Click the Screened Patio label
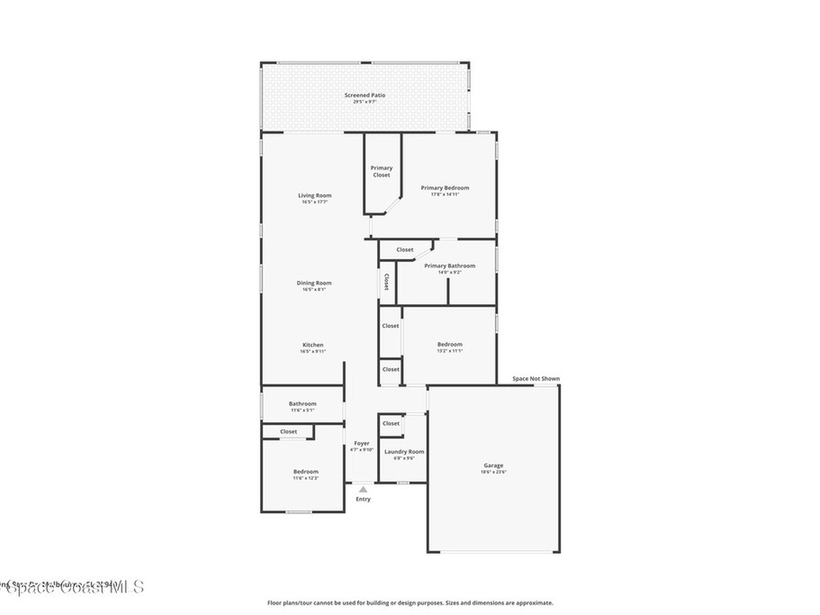365,95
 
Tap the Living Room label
315,195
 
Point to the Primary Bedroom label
445,187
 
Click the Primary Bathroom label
449,266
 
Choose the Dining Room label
314,283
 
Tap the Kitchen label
312,345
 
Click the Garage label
493,465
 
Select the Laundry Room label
404,452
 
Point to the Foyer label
362,443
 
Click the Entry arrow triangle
363,488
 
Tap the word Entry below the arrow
363,500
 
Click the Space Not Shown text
536,379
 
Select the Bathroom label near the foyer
303,404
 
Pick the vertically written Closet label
386,282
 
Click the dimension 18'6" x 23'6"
493,472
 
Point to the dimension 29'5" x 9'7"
365,102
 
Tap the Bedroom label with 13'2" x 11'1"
449,344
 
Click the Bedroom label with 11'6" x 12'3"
305,472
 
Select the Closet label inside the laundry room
391,424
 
